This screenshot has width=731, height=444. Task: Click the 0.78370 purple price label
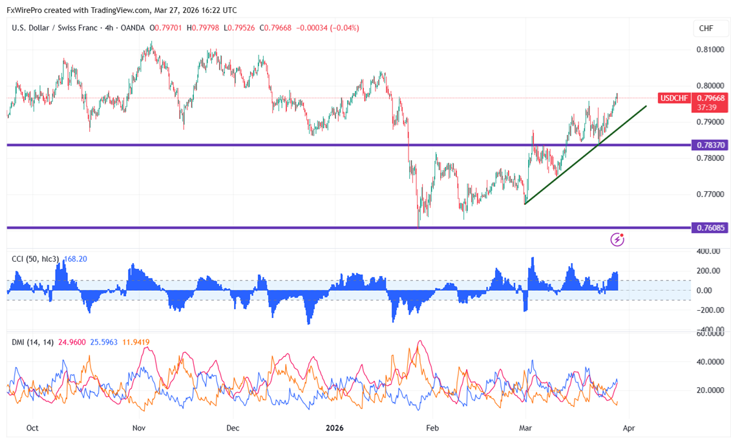(710, 145)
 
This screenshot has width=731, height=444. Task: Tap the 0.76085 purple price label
(710, 227)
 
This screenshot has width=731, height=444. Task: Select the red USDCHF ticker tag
(674, 98)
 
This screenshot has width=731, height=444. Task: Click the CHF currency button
(706, 28)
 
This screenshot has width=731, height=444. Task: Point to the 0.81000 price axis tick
(709, 49)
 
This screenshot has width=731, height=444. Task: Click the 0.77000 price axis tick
(709, 194)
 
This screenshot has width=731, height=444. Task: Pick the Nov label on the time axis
(138, 428)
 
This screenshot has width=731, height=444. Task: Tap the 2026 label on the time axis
(335, 428)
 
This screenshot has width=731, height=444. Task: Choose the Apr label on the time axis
(630, 428)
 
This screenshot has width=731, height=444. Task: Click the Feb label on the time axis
(432, 428)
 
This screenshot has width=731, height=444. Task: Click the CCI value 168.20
(75, 259)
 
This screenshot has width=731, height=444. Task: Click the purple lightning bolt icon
(617, 240)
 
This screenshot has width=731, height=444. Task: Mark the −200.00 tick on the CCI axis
(709, 310)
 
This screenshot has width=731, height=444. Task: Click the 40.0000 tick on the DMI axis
(709, 362)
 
